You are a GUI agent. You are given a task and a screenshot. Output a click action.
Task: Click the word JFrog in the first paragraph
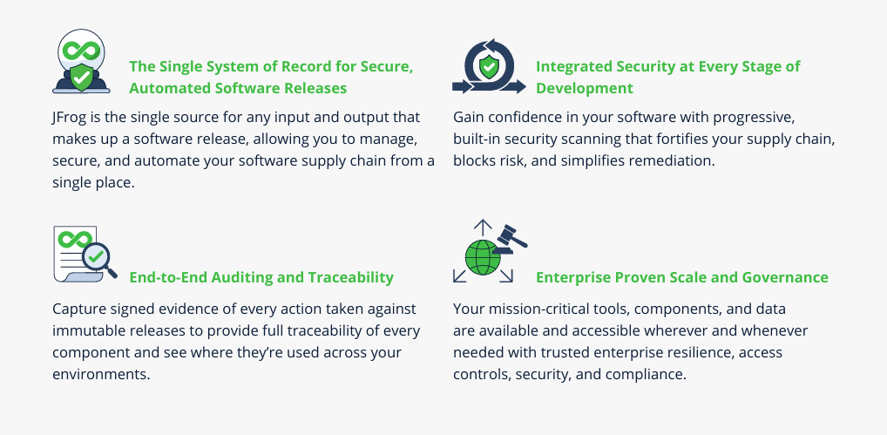(67, 118)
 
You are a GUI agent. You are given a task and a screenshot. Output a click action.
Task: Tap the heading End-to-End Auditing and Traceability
(261, 278)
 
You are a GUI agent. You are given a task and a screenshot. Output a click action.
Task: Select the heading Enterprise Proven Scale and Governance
(682, 278)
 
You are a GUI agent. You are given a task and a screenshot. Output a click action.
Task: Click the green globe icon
(483, 257)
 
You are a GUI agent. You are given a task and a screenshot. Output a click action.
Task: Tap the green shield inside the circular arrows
(488, 68)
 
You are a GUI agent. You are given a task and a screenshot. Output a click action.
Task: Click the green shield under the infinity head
(81, 78)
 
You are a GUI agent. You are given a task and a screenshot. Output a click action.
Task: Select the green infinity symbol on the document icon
(75, 239)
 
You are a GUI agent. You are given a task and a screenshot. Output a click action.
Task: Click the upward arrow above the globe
(483, 228)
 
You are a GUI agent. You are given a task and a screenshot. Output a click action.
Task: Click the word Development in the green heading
(585, 88)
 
